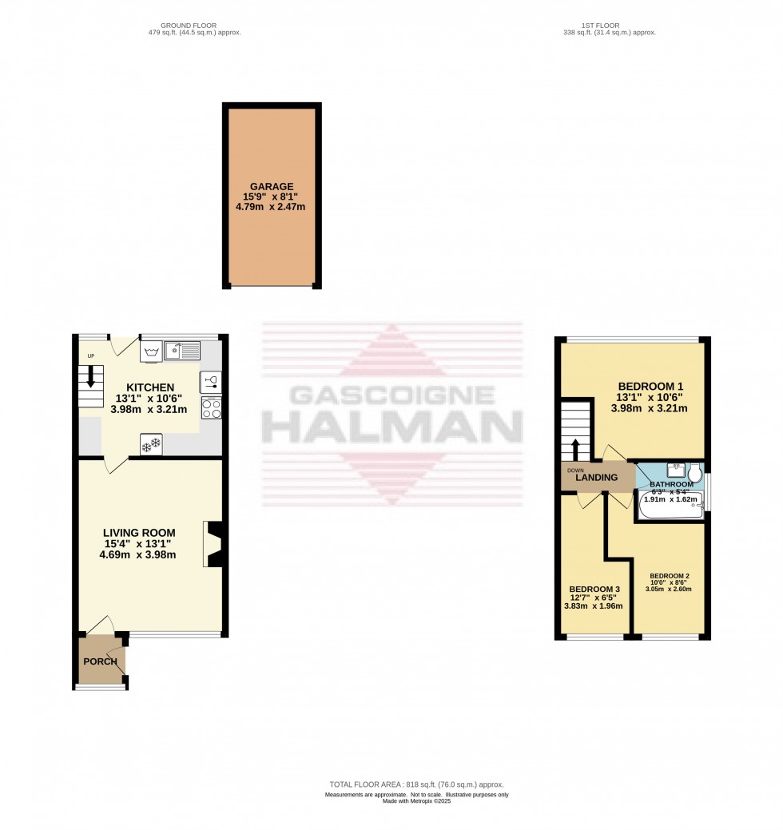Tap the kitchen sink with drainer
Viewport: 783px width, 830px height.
click(182, 350)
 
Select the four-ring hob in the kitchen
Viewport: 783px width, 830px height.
click(211, 408)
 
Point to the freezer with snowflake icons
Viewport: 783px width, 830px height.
click(151, 443)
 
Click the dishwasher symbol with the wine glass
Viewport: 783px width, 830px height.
click(211, 382)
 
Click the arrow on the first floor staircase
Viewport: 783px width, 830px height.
click(574, 445)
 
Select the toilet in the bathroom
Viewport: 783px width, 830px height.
click(694, 473)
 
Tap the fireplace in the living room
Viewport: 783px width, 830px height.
click(214, 544)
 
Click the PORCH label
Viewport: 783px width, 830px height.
click(100, 661)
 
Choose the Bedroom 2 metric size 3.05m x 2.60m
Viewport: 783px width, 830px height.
click(669, 590)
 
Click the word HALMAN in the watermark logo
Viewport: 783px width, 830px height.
click(392, 428)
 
